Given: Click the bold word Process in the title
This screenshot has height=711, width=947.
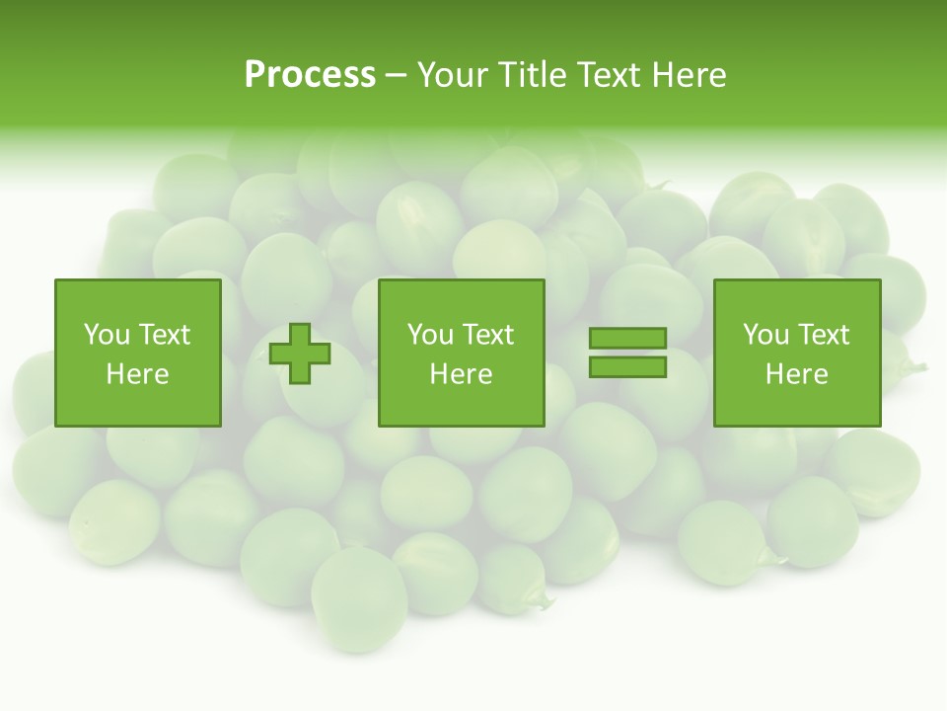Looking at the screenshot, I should [310, 75].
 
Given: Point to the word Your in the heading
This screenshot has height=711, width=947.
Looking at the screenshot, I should [454, 75].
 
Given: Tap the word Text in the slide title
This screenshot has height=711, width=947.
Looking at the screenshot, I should [612, 75].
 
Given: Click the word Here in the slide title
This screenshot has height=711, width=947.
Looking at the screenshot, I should [691, 75].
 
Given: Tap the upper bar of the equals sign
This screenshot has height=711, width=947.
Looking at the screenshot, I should [627, 339].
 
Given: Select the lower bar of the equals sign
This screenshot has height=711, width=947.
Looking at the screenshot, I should [627, 367].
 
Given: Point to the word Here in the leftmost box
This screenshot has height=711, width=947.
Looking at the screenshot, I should [138, 374].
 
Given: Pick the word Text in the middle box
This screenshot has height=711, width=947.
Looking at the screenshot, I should [487, 335].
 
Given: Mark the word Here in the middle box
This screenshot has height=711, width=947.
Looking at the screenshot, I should [461, 374].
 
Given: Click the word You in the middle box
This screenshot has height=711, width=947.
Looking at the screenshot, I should [430, 335].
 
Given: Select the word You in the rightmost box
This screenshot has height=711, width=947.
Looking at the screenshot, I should [765, 335].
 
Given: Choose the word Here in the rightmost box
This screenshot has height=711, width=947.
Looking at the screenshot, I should [797, 374].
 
